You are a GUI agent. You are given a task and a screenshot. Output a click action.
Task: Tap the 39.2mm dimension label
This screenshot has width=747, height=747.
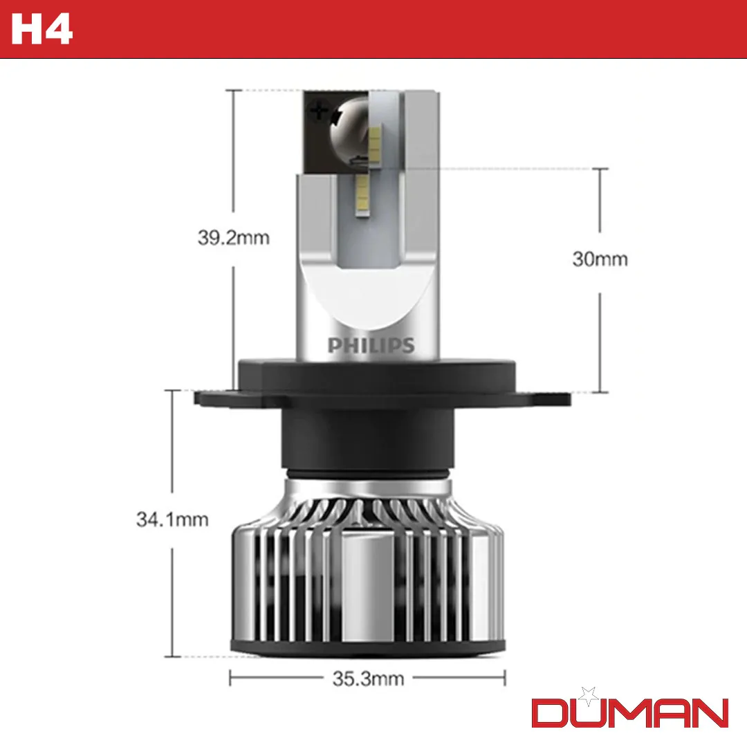233,238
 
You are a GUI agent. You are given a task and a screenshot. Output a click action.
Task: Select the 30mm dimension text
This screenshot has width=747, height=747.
600,259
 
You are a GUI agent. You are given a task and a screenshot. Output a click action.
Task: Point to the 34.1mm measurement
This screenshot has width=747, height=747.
172,519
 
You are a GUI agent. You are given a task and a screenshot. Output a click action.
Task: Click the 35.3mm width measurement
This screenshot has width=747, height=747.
367,679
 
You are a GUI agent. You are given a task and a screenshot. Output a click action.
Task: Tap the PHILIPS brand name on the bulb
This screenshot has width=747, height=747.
371,345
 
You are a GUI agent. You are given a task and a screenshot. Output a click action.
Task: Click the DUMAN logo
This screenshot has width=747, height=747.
629,712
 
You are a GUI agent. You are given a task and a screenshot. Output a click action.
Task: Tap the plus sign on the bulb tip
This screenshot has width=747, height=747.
318,109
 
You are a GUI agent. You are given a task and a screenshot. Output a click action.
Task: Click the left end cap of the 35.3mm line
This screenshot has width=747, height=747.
230,678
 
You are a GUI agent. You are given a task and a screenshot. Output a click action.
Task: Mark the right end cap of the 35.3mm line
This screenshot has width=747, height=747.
505,678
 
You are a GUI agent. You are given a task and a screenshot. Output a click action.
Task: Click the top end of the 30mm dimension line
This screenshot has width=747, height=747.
600,169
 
